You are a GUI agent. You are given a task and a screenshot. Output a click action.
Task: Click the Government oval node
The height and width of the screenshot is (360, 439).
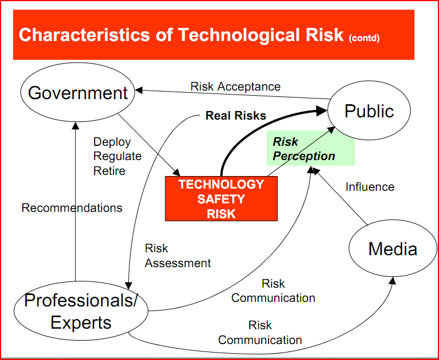click(x=78, y=93)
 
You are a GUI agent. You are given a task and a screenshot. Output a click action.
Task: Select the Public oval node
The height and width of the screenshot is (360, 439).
click(x=369, y=111)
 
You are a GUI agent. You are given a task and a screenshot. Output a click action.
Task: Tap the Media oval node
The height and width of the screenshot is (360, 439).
click(x=392, y=249)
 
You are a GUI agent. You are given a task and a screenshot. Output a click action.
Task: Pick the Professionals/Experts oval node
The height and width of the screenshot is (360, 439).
click(x=80, y=312)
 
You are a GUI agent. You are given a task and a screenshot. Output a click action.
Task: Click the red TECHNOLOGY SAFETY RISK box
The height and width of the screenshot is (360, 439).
click(x=221, y=199)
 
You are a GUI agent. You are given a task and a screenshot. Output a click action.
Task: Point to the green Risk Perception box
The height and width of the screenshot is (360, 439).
click(x=311, y=149)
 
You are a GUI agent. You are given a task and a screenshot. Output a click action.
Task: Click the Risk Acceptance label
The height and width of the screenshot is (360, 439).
click(x=235, y=87)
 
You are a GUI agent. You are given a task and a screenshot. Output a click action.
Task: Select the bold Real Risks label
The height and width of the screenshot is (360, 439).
click(x=235, y=116)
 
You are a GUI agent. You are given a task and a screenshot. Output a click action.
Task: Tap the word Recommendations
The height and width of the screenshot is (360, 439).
click(x=72, y=208)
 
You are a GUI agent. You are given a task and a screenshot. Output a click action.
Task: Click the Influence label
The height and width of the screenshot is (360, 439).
click(x=369, y=187)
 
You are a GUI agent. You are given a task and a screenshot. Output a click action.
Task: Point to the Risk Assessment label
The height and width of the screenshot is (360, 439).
click(x=177, y=256)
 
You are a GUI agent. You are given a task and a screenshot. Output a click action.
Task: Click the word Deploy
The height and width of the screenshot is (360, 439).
click(x=112, y=142)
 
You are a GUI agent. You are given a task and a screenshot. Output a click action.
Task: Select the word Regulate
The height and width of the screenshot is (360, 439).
click(x=117, y=156)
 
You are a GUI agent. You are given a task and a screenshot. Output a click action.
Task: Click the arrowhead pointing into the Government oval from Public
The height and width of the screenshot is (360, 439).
click(x=139, y=90)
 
